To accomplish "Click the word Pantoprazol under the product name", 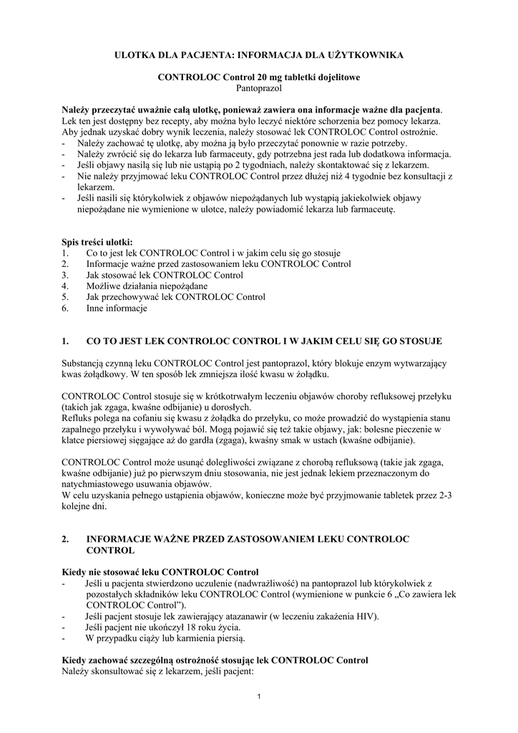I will [x=259, y=88].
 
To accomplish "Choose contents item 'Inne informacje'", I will [x=116, y=309].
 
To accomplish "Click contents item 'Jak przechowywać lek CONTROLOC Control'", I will [x=165, y=297].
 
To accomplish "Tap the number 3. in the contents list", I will [x=65, y=275].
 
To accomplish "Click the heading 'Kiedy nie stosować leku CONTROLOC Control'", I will [x=160, y=573].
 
